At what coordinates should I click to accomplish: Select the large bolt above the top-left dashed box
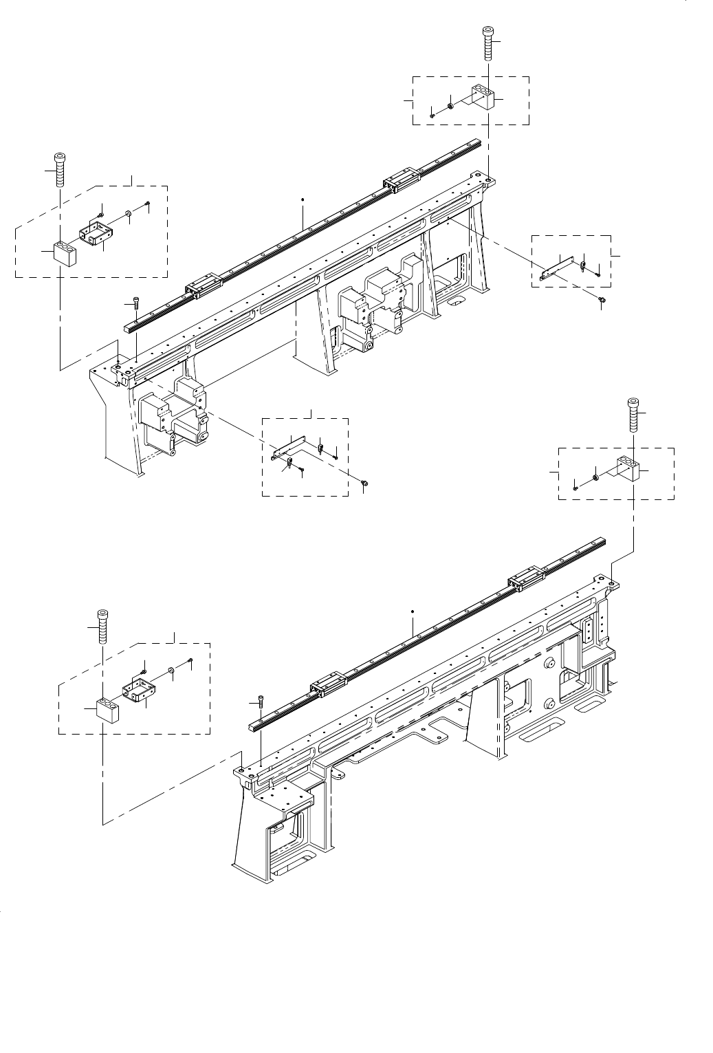click(x=61, y=169)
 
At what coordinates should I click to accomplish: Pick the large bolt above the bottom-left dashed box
click(x=102, y=626)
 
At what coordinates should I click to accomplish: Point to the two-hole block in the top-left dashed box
click(x=64, y=253)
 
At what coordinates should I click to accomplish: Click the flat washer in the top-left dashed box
click(x=129, y=214)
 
